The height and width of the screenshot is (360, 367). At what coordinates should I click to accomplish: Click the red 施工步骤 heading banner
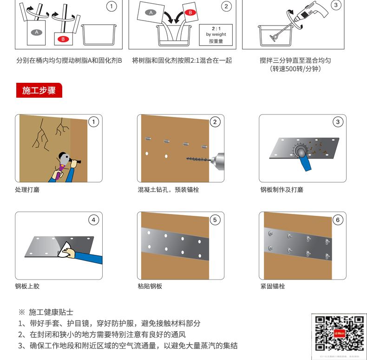click(39, 90)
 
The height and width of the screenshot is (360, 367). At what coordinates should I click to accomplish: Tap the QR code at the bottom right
click(339, 333)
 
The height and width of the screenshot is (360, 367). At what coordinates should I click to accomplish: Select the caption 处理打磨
click(27, 190)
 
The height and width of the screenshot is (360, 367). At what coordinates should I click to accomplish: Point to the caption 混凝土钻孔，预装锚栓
click(168, 190)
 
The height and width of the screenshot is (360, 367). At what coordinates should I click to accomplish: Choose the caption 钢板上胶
click(27, 286)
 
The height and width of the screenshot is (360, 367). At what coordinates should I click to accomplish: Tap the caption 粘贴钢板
click(150, 286)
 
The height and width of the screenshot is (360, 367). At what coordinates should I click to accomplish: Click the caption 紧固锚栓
click(273, 286)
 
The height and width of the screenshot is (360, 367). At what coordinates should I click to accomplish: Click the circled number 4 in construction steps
click(94, 220)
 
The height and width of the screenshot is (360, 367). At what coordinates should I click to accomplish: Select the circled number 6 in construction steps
click(337, 220)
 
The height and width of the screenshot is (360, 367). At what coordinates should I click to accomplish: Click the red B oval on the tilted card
click(190, 13)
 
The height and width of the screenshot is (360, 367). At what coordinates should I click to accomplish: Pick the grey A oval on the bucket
click(37, 32)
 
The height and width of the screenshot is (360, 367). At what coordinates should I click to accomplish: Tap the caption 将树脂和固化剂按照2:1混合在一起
click(182, 60)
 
